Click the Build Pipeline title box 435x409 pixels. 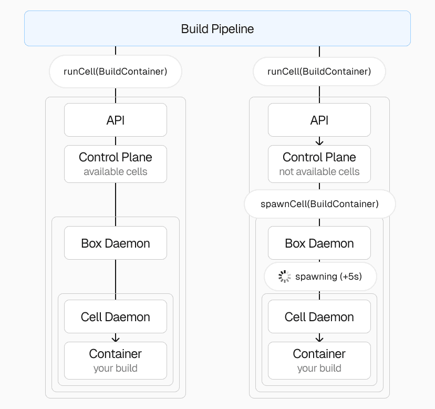tap(217, 29)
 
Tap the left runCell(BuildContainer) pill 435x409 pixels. tap(116, 71)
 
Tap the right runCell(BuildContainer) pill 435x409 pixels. tap(319, 71)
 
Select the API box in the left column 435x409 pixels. tap(116, 120)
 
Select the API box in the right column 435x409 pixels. tap(319, 120)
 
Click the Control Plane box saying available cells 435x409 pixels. tap(116, 163)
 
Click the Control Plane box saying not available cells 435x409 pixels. tap(319, 163)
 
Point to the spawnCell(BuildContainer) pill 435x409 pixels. tap(319, 204)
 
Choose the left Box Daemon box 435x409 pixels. tap(116, 243)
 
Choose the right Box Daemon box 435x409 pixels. tap(319, 243)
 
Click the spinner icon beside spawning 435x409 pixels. tap(284, 277)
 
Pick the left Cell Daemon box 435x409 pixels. tap(116, 316)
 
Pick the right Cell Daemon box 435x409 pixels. tap(319, 316)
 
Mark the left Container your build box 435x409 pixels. tap(116, 360)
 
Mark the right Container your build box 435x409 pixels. tap(319, 360)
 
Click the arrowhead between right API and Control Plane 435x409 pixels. tap(319, 142)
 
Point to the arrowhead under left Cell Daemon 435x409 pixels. tap(116, 339)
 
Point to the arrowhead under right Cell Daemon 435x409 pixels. tap(319, 339)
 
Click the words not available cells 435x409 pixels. tap(319, 172)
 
